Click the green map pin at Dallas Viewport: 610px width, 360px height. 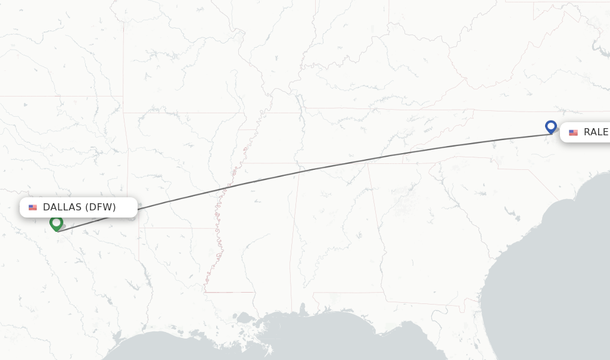coord(57,223)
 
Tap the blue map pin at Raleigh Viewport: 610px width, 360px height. coord(551,126)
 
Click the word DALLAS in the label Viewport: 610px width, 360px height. coord(62,207)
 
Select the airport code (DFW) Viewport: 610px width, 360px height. coord(100,207)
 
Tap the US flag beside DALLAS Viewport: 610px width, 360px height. coord(33,207)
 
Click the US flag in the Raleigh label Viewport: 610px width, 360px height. coord(573,132)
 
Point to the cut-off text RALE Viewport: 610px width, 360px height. coord(596,132)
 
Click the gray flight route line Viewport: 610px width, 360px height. coord(357,161)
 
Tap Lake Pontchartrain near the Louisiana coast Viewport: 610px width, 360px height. coord(245,318)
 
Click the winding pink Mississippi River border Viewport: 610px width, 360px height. coord(218,238)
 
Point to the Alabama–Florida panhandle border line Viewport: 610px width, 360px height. coord(346,293)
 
